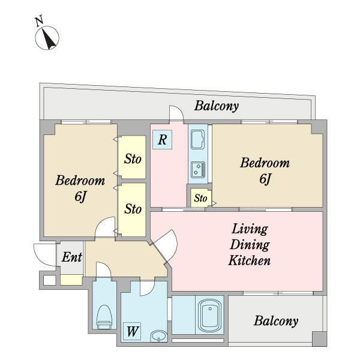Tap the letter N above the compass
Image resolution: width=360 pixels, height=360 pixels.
[x=39, y=20]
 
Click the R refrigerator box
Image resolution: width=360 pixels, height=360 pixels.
[x=163, y=139]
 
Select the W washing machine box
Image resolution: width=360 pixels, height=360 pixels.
[x=132, y=331]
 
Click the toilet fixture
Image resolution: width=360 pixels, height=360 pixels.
[x=104, y=317]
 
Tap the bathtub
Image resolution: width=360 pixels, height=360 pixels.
[x=210, y=315]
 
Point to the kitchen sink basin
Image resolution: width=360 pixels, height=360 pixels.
[x=198, y=139]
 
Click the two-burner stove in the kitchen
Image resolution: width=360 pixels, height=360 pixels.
[x=198, y=169]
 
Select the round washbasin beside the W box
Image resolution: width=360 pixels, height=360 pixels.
[x=158, y=336]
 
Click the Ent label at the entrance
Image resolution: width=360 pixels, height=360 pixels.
[x=71, y=257]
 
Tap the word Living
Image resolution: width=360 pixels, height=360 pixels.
[x=250, y=229]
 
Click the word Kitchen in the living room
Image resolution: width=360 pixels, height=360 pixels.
[x=250, y=260]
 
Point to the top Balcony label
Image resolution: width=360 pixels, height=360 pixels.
[x=217, y=106]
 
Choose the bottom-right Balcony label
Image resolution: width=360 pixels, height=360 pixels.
[x=276, y=321]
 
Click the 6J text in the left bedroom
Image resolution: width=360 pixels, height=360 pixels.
[x=80, y=197]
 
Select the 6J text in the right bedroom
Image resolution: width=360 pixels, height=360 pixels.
[x=265, y=179]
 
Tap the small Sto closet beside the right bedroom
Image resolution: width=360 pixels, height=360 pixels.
[x=200, y=198]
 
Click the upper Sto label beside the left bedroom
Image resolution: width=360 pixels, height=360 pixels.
[x=133, y=159]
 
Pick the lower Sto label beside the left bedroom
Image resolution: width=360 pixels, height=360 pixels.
[x=133, y=209]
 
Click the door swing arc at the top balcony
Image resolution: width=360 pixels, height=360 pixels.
[x=179, y=109]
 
